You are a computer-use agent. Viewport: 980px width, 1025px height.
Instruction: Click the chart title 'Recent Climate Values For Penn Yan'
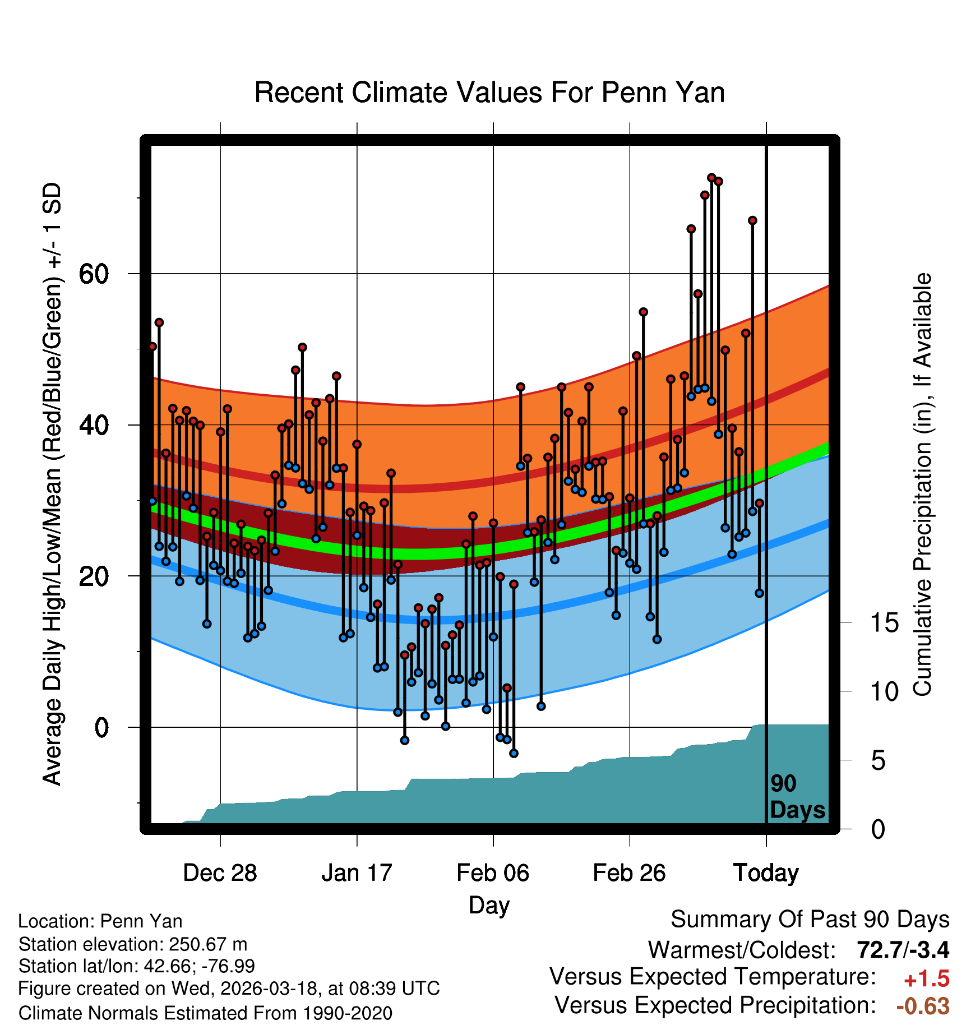tap(489, 93)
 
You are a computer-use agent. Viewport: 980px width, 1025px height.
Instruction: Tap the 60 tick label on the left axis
tap(94, 274)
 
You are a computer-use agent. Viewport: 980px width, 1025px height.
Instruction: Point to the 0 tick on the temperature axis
tap(101, 728)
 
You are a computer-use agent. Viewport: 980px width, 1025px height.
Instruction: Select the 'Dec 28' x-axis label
tap(220, 873)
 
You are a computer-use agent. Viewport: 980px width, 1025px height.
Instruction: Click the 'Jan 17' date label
tap(357, 873)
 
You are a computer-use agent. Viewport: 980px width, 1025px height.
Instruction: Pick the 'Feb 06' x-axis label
tap(493, 873)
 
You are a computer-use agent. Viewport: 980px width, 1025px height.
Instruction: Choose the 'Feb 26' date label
tap(629, 873)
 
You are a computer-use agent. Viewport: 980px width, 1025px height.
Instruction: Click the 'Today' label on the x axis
tap(766, 873)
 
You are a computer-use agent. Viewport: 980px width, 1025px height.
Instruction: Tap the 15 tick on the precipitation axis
tap(885, 623)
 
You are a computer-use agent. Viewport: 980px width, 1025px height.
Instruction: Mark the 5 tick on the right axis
tap(878, 761)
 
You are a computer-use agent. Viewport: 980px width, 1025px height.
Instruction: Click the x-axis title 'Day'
tap(489, 905)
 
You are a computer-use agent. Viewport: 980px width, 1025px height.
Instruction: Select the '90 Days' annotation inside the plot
tap(797, 797)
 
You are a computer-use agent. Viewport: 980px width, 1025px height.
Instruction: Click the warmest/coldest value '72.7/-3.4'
tap(903, 950)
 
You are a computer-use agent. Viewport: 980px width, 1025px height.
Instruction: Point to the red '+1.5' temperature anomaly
tap(926, 979)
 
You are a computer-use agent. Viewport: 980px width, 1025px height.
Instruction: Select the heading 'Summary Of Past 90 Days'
tap(810, 920)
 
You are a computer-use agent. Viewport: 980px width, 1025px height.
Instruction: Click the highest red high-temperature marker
tap(711, 178)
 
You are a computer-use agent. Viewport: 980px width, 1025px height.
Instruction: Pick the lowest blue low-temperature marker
tap(514, 753)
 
